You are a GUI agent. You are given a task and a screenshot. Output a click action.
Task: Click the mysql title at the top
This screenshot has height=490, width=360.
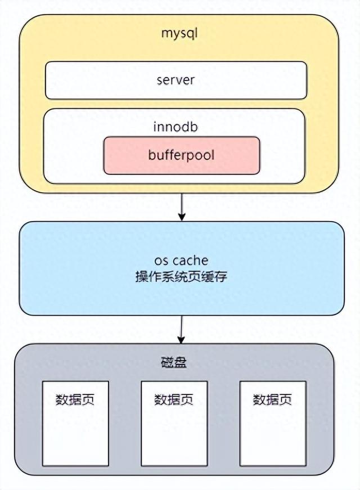coord(180,33)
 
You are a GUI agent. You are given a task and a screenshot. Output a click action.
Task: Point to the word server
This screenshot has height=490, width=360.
coord(176,80)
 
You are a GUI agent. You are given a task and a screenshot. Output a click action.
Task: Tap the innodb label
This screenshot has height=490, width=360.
coord(175,127)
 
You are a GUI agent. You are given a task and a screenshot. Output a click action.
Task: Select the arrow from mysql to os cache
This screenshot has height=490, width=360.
coord(181,207)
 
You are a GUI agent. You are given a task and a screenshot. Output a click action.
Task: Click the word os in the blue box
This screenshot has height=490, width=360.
coord(161,260)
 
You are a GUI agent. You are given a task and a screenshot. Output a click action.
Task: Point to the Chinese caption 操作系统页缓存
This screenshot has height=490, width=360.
coord(181,277)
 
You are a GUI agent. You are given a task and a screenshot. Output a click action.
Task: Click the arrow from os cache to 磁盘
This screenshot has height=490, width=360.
coord(181,329)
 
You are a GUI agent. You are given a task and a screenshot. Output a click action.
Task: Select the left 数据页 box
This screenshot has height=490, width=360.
coord(75,433)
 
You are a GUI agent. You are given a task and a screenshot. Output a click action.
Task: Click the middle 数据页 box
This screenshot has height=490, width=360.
coord(174,433)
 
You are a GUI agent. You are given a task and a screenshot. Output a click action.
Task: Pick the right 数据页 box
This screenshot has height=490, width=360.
coord(273,433)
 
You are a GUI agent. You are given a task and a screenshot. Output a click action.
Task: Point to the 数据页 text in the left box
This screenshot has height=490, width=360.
coord(75,400)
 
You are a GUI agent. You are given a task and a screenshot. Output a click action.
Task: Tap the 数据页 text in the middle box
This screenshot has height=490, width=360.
coord(174,400)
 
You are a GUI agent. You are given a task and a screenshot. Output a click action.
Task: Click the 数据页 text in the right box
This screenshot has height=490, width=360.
coord(273,400)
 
